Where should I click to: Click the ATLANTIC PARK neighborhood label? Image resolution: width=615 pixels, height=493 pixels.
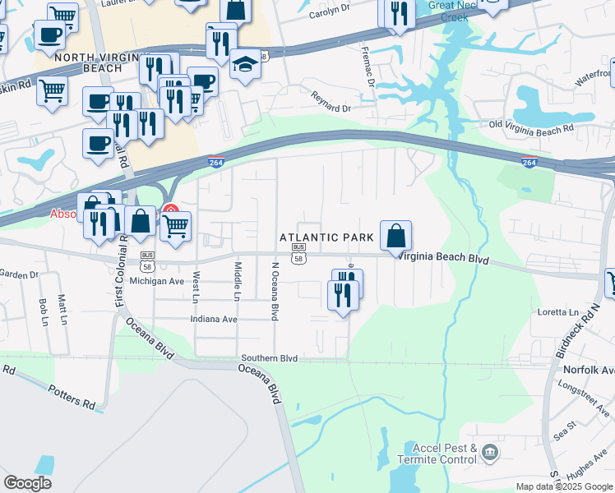point(326,237)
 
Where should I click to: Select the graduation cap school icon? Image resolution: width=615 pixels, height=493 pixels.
point(245,64)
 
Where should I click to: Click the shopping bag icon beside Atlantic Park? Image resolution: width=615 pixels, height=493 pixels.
point(395,235)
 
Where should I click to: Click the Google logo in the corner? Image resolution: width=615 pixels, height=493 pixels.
point(27,483)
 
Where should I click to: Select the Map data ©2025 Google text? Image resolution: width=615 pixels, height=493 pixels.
point(565,486)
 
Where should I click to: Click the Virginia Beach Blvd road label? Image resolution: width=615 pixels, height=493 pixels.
point(444,258)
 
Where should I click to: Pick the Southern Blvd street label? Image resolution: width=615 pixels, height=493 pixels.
point(269,359)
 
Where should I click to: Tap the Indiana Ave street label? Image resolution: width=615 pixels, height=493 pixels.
point(213,319)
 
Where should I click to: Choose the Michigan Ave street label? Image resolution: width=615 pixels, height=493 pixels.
point(157,281)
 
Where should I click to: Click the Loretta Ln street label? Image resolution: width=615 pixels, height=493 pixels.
point(558,312)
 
